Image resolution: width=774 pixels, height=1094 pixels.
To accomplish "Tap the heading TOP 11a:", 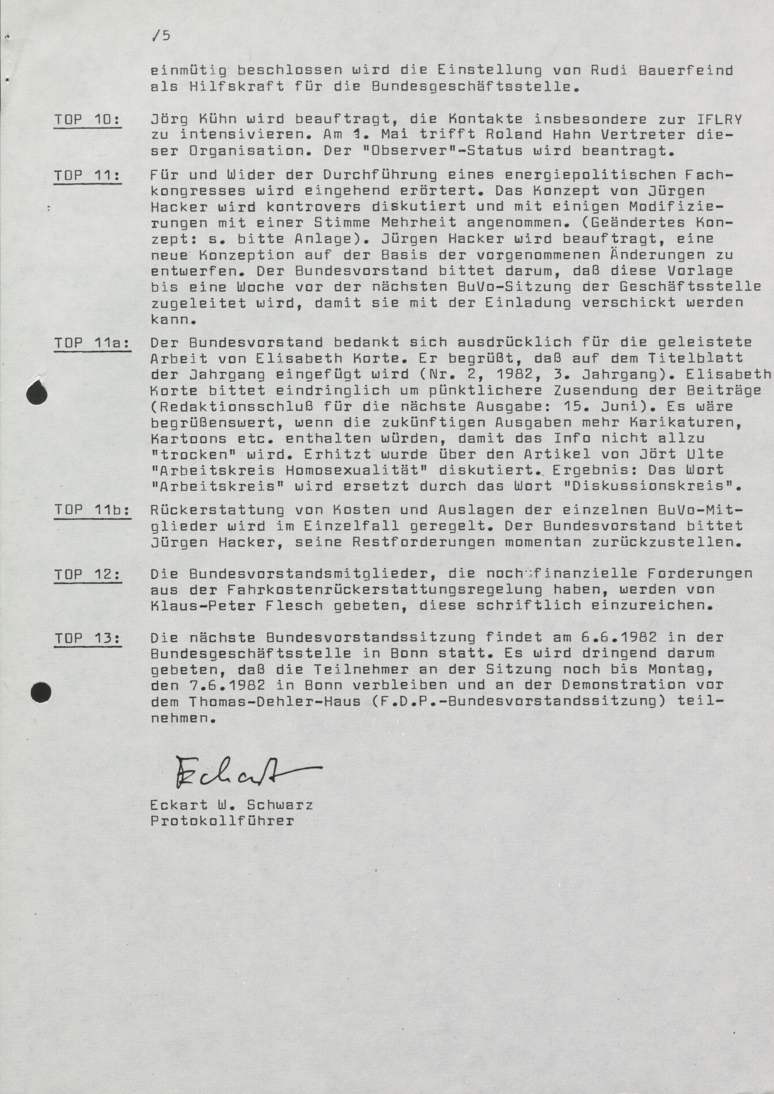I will click(92, 343).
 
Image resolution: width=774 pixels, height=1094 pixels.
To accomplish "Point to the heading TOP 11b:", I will click(92, 510).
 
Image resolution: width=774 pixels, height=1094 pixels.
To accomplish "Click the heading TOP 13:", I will click(87, 637).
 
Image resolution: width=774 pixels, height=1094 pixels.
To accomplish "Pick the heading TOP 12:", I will click(87, 574).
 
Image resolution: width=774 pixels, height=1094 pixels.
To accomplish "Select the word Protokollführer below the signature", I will click(222, 821).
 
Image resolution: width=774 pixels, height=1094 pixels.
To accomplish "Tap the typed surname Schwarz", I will click(280, 805).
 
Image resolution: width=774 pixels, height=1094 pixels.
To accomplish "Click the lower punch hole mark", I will click(41, 692).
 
